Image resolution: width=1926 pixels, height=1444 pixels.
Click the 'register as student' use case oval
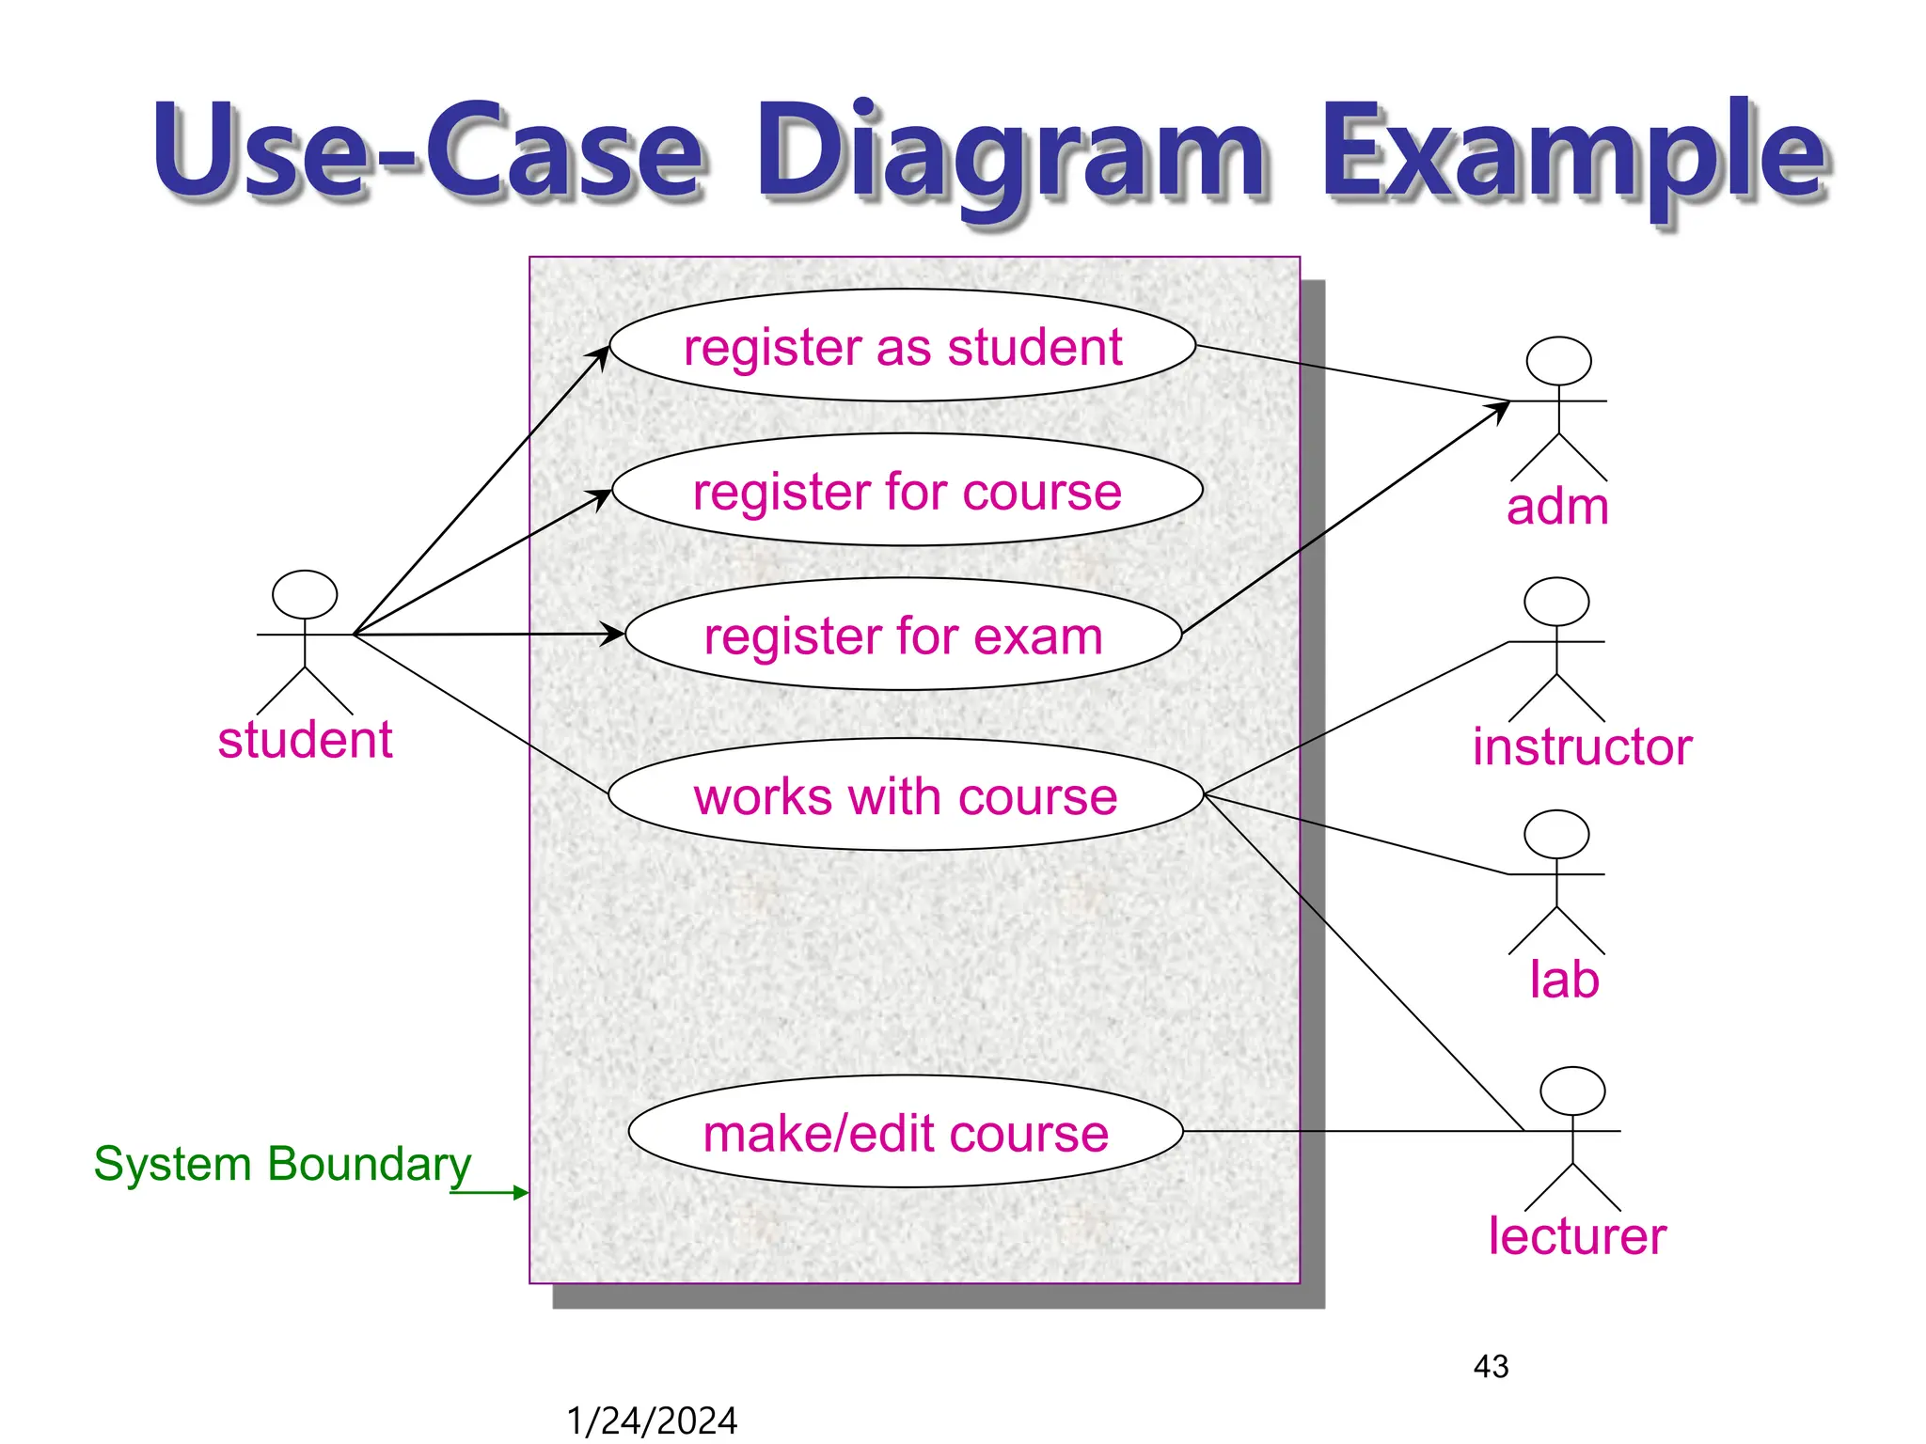[x=903, y=346]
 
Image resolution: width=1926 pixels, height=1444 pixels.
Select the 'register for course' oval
[x=907, y=490]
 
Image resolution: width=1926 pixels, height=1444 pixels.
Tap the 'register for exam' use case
[x=903, y=635]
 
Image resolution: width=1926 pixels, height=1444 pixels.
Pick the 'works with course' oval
[x=906, y=795]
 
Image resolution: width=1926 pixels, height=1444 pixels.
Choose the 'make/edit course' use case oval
[x=906, y=1132]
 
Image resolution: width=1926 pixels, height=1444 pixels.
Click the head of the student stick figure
[x=305, y=594]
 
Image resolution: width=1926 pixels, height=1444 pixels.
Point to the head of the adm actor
[x=1558, y=361]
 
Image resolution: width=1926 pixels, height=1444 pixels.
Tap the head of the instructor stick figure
[x=1556, y=602]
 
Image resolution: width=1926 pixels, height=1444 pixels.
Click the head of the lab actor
[x=1556, y=834]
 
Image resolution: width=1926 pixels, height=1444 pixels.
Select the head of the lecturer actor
[x=1572, y=1091]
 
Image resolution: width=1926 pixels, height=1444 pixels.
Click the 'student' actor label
[x=305, y=740]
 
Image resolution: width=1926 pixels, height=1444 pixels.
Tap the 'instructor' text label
[x=1582, y=747]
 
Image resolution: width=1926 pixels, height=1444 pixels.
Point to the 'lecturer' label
[x=1577, y=1236]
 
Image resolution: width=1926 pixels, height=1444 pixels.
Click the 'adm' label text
[x=1557, y=507]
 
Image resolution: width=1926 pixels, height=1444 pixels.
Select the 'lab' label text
[x=1564, y=980]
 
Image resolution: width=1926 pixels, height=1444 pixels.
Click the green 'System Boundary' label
[x=282, y=1164]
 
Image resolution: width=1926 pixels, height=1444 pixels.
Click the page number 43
[x=1491, y=1366]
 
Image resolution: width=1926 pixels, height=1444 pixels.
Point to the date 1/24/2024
[x=652, y=1420]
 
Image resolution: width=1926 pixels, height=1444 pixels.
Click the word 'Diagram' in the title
[x=1011, y=155]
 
